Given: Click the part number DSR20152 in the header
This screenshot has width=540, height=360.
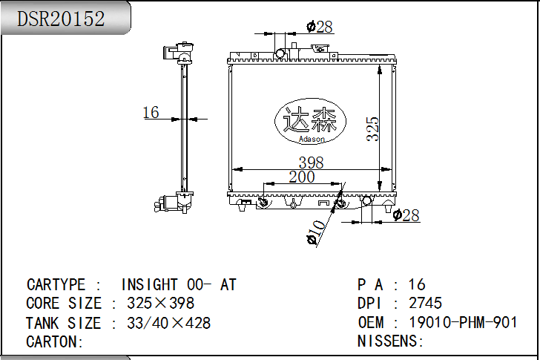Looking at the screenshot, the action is tap(61, 19).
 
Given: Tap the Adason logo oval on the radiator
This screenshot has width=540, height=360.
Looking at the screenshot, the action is tap(310, 121).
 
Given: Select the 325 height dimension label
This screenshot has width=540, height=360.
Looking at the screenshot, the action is tap(372, 129).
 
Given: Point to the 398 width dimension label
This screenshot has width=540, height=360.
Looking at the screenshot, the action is tap(311, 163).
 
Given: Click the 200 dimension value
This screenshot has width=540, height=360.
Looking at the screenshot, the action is tap(302, 177).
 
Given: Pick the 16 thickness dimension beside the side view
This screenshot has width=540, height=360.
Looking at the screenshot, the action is tap(151, 112).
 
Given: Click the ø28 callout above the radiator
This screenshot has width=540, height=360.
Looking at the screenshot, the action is tap(320, 27).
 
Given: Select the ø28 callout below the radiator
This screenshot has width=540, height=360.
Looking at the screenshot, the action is tap(406, 216).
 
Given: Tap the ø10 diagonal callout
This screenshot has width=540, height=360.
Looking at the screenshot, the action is tap(316, 232).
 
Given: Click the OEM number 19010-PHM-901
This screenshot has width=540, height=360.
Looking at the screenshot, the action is tap(463, 322).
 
